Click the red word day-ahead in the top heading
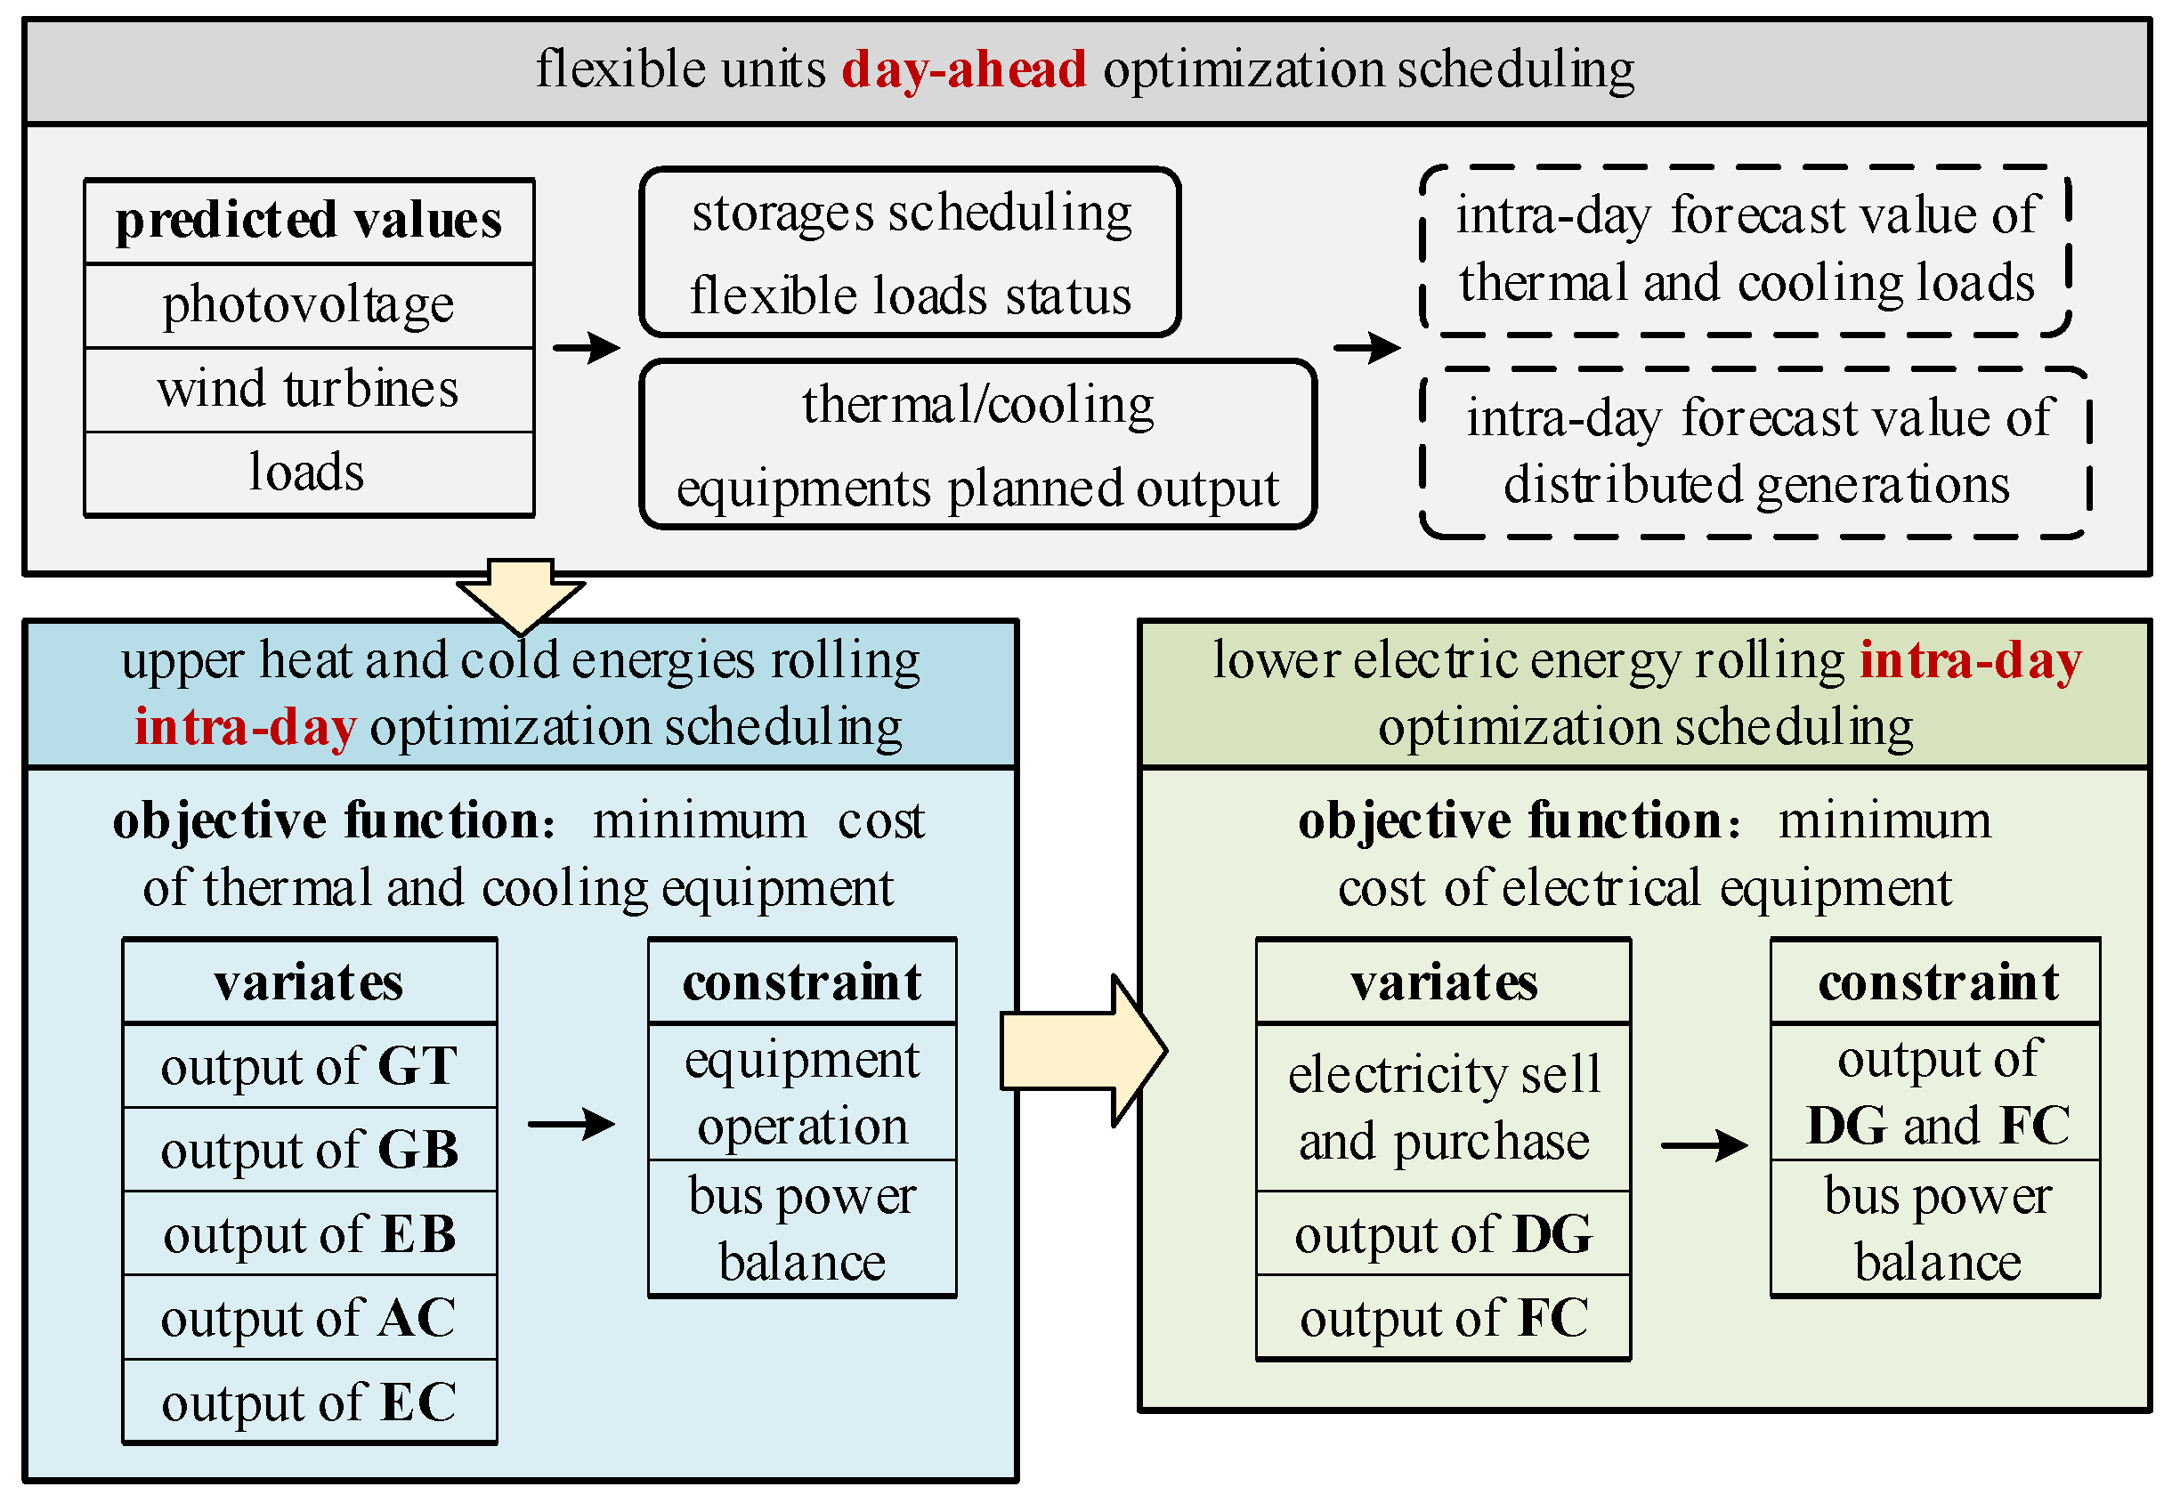click(x=962, y=69)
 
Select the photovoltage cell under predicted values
click(x=309, y=305)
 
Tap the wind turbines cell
click(x=309, y=389)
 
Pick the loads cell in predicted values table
click(x=309, y=473)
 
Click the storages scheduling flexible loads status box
click(x=910, y=253)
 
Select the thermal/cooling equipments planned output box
click(x=977, y=445)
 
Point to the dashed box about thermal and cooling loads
click(x=1746, y=251)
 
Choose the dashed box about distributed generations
click(x=1755, y=452)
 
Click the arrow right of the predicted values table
click(x=586, y=348)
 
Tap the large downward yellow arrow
click(x=520, y=594)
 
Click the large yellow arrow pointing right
click(x=1083, y=1050)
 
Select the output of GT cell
click(x=309, y=1066)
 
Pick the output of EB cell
click(x=309, y=1233)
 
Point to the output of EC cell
click(x=309, y=1402)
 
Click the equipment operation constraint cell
click(x=803, y=1093)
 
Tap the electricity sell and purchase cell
click(x=1443, y=1108)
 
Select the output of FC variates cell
click(x=1443, y=1318)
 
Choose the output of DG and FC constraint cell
click(x=1936, y=1093)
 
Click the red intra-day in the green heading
click(x=1971, y=661)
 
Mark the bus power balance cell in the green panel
click(x=1936, y=1228)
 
